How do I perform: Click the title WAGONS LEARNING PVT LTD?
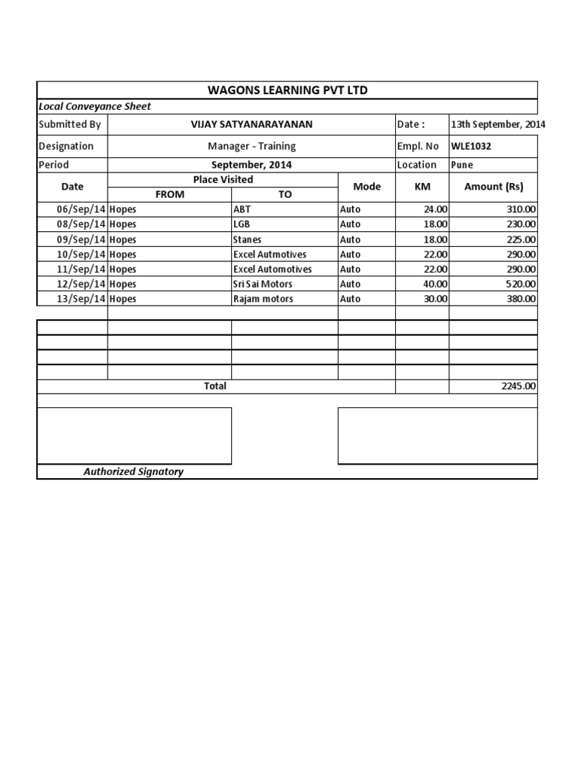(x=287, y=90)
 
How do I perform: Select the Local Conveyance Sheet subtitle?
(x=95, y=107)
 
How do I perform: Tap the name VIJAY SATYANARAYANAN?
(x=251, y=124)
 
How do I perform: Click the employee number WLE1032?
(x=471, y=146)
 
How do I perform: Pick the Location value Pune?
(x=462, y=165)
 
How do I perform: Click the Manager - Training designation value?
(x=251, y=146)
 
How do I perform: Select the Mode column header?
(x=367, y=187)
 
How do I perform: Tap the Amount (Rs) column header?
(x=493, y=187)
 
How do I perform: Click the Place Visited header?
(x=223, y=180)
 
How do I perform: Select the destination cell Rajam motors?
(x=263, y=300)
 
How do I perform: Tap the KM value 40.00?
(x=436, y=285)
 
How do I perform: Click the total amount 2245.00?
(x=519, y=386)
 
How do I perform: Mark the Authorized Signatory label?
(x=133, y=472)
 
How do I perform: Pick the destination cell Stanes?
(x=248, y=239)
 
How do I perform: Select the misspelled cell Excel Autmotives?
(x=269, y=254)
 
